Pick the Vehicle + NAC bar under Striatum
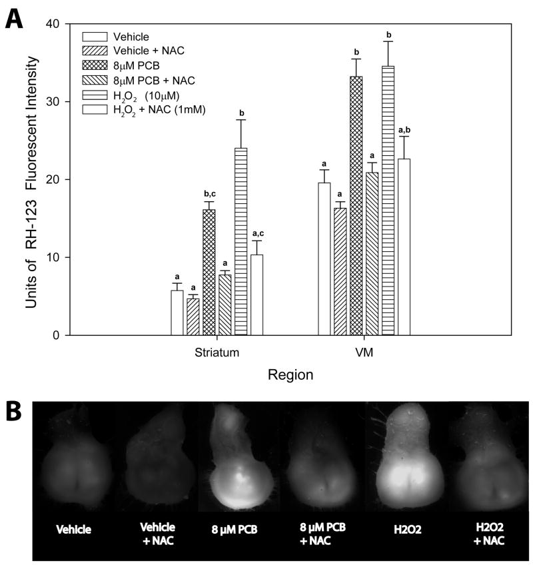click(193, 316)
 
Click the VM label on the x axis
click(364, 351)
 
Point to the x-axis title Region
click(290, 375)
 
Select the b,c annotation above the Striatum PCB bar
click(209, 195)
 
